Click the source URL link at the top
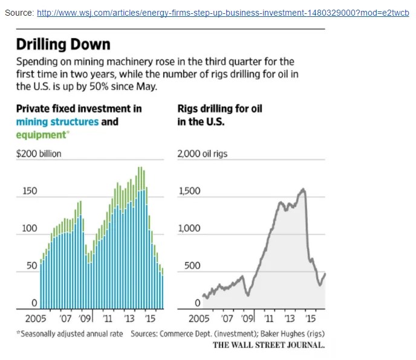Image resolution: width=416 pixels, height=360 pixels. [223, 12]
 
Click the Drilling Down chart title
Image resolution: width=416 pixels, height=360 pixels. [63, 44]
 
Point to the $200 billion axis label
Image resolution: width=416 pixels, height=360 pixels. [38, 153]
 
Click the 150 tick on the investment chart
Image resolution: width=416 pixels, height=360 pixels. [30, 191]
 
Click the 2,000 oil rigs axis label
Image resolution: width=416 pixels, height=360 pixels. [203, 153]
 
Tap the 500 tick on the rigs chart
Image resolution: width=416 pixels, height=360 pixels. [192, 266]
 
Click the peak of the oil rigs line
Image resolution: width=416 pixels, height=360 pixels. [303, 190]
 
